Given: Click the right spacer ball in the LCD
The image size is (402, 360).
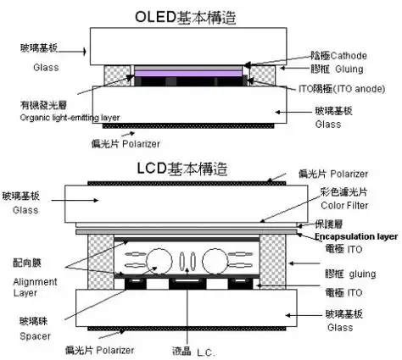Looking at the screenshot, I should pos(217,262).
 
